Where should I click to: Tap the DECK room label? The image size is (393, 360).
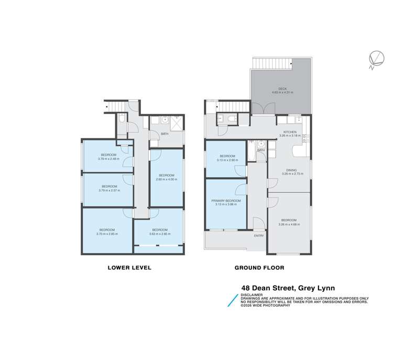coord(282,89)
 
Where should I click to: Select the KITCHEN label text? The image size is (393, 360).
coord(290,132)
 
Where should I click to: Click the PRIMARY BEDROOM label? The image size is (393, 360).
coord(226,201)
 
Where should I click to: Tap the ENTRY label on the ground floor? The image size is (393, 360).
coord(259,235)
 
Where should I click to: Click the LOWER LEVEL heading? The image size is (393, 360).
coord(129,268)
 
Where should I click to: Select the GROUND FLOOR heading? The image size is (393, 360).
coord(259,268)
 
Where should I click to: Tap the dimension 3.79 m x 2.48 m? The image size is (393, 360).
coord(108,159)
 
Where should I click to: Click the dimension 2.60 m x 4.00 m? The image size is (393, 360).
coord(167,179)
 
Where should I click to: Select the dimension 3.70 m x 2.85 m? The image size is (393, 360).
coord(107,234)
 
